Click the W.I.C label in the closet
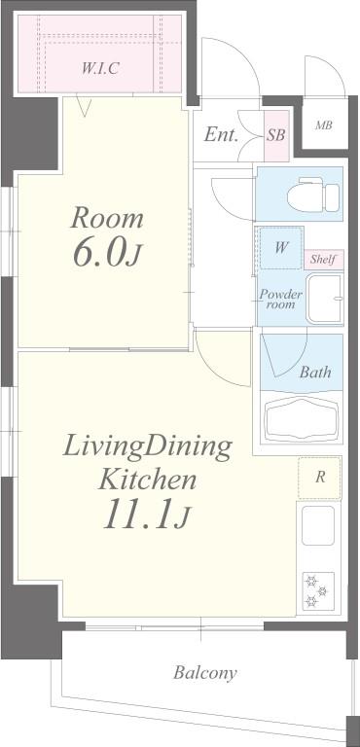tap(100, 68)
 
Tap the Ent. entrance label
tap(221, 135)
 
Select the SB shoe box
tap(276, 135)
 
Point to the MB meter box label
tap(323, 125)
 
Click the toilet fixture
tap(313, 195)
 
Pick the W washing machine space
tap(281, 248)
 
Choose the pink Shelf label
tap(324, 260)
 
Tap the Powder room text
tap(280, 300)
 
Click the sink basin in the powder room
tap(325, 299)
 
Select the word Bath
tap(314, 372)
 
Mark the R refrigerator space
tap(320, 478)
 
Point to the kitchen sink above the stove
tap(317, 525)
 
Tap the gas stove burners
tap(317, 591)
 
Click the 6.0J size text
tap(107, 254)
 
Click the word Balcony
tap(204, 673)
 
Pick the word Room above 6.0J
tap(107, 219)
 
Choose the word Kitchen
tap(147, 480)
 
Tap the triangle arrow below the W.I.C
tap(85, 106)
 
